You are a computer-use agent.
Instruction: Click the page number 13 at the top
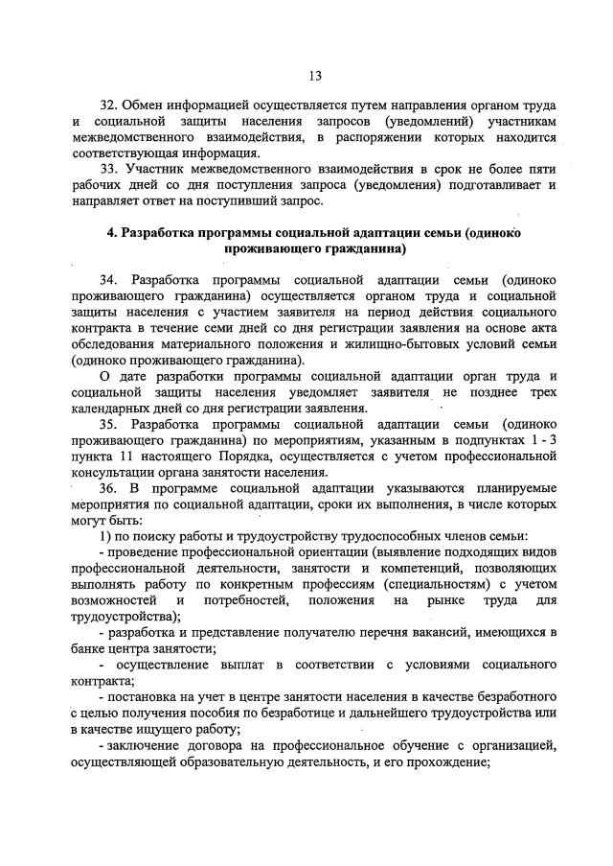point(314,76)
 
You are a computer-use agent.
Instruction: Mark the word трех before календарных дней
point(541,393)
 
